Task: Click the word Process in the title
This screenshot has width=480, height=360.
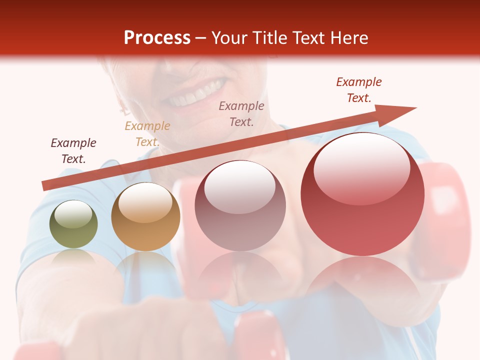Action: [x=157, y=38]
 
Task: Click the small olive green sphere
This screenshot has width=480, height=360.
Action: [x=73, y=224]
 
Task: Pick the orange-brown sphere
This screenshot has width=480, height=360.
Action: [x=145, y=217]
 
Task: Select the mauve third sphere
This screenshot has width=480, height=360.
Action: [x=240, y=206]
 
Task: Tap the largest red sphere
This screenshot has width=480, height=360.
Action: [x=362, y=195]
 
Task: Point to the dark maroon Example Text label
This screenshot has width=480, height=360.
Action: [x=73, y=150]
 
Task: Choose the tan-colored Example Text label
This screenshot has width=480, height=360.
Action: [x=147, y=133]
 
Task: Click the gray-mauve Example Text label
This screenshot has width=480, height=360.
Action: [x=241, y=113]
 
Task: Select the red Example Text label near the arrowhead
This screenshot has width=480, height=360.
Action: [x=359, y=89]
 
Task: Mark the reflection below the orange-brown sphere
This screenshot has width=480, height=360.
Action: [x=145, y=265]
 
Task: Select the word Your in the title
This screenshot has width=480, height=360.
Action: [x=229, y=38]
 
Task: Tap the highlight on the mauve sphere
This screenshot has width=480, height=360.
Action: [x=240, y=187]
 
